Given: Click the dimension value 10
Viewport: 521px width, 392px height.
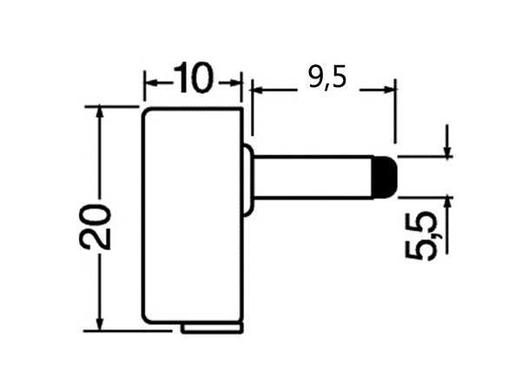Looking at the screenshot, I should pos(193,79).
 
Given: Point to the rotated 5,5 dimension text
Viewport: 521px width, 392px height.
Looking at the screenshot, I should pos(421,236).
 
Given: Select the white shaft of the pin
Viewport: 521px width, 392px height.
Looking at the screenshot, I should pos(313,176).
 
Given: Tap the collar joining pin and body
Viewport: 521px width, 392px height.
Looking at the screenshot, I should pos(247,180).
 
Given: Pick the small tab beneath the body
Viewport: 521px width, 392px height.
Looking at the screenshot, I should pos(212,328).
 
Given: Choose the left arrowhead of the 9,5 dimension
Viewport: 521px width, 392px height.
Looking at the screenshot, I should pos(258,88).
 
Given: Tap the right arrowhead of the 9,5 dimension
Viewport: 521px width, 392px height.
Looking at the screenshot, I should pos(388,88).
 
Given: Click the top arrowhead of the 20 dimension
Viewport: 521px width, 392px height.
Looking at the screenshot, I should pos(102,114).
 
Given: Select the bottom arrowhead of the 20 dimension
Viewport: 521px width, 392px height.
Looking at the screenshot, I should pos(102,323).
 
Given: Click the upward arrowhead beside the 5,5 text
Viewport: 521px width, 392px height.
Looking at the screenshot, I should pos(447,202).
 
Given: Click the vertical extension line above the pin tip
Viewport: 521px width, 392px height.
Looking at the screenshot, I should pos(395,113).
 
